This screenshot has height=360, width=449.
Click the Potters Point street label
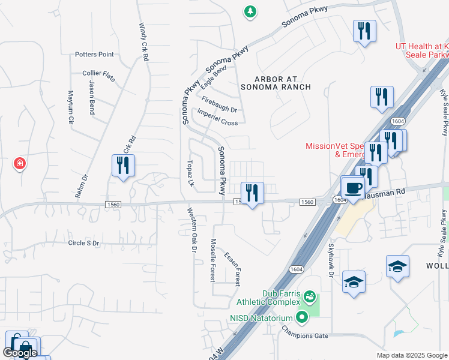(x=94, y=55)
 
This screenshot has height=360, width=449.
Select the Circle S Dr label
(x=92, y=243)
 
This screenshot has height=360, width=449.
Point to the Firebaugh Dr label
(x=220, y=105)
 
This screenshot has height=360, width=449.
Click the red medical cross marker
(x=20, y=163)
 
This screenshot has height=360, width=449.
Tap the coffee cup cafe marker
(x=354, y=188)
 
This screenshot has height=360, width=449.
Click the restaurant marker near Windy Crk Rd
(x=123, y=166)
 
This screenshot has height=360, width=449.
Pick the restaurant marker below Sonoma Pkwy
(x=252, y=193)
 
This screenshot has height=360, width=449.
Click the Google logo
(x=20, y=353)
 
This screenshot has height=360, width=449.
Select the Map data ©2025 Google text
(x=412, y=355)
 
